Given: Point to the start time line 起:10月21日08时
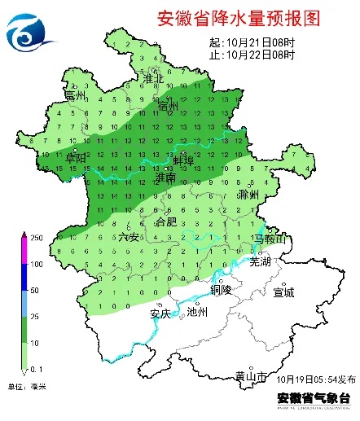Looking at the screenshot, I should pyautogui.click(x=252, y=42).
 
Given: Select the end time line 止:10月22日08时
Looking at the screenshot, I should pyautogui.click(x=252, y=55).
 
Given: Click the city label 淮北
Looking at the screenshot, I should pyautogui.click(x=154, y=79).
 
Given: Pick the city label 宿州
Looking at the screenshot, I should pyautogui.click(x=168, y=106).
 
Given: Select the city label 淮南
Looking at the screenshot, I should pyautogui.click(x=165, y=176).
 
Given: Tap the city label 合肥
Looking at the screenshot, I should pyautogui.click(x=165, y=221).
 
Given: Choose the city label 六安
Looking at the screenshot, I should pyautogui.click(x=129, y=236).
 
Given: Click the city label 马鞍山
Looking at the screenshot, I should pyautogui.click(x=268, y=238).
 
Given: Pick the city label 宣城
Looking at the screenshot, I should pyautogui.click(x=283, y=292).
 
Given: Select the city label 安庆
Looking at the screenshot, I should pyautogui.click(x=160, y=313).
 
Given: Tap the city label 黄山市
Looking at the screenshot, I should pyautogui.click(x=249, y=375).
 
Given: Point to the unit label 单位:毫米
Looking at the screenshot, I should pyautogui.click(x=27, y=386).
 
